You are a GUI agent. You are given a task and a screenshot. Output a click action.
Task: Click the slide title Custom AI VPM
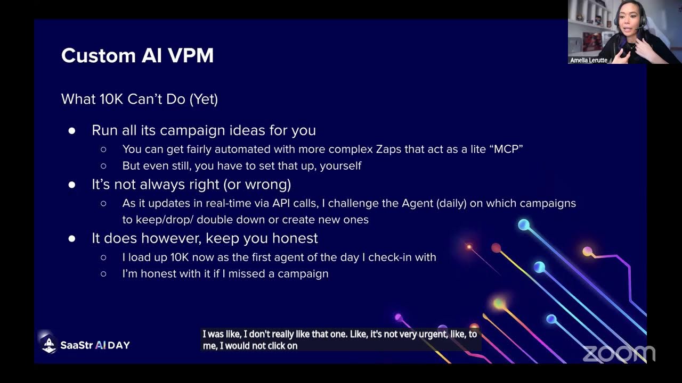coord(137,55)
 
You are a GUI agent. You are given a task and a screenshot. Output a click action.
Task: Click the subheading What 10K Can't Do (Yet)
coord(140,99)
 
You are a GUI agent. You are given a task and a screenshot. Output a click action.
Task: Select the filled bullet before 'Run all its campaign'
coord(72,130)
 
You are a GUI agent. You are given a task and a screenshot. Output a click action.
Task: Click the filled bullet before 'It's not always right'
coord(72,185)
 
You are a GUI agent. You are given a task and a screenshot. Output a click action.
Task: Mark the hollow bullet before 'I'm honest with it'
coord(103,274)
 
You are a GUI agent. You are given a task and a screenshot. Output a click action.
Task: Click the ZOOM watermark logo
coord(619,354)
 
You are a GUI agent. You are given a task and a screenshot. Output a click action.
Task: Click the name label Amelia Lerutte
coord(589,60)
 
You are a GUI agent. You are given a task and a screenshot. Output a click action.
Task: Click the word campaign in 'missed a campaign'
coord(303,273)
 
